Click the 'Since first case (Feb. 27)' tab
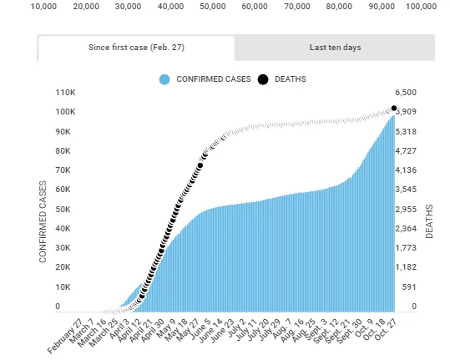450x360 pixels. click(x=136, y=48)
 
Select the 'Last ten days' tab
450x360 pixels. click(x=335, y=48)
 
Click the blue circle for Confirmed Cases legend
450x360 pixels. click(x=164, y=79)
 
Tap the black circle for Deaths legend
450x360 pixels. click(x=263, y=79)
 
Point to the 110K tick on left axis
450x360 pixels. click(x=66, y=93)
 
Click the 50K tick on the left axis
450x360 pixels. click(x=63, y=210)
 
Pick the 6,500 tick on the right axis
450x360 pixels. click(x=406, y=93)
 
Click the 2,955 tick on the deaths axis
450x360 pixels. click(x=406, y=210)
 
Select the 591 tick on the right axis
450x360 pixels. click(x=409, y=286)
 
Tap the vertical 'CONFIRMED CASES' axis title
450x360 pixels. click(x=43, y=221)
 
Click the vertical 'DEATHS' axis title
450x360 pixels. click(x=429, y=221)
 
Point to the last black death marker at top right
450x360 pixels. click(x=394, y=109)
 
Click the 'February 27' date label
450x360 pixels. click(x=65, y=337)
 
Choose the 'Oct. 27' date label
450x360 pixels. click(x=386, y=330)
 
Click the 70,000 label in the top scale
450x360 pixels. click(x=297, y=7)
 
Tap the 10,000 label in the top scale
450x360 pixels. click(x=43, y=7)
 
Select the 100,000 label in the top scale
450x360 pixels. click(x=421, y=7)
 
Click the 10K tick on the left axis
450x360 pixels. click(x=63, y=286)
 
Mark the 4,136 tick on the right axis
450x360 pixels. click(x=406, y=170)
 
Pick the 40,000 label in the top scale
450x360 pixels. click(x=170, y=7)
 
